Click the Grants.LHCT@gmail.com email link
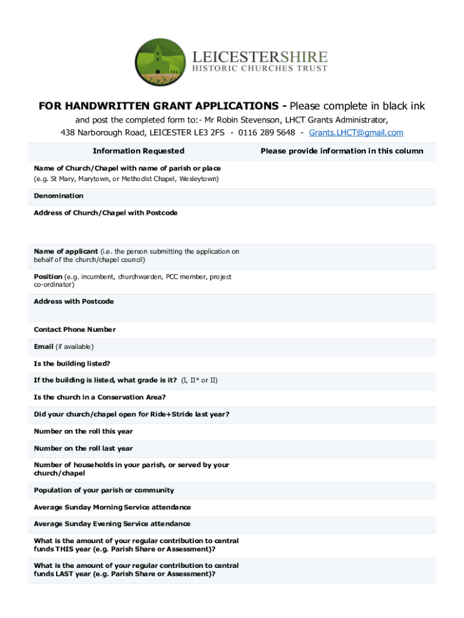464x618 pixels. [x=356, y=133]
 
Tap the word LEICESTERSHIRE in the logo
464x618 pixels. [x=260, y=57]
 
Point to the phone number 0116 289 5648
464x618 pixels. [x=266, y=133]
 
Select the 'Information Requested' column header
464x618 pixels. [x=139, y=151]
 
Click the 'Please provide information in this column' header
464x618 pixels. [x=342, y=151]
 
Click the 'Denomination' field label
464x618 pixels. [x=58, y=196]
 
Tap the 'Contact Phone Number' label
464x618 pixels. [x=75, y=330]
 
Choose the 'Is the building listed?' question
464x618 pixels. [x=72, y=364]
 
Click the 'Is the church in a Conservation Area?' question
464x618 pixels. [x=99, y=397]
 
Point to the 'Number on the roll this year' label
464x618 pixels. [x=83, y=432]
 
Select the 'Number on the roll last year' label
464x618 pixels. [x=83, y=448]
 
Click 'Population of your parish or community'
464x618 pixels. [x=104, y=490]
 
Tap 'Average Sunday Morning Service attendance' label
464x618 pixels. [x=112, y=507]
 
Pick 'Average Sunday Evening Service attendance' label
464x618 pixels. [x=112, y=524]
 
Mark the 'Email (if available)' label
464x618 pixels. [x=63, y=346]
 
